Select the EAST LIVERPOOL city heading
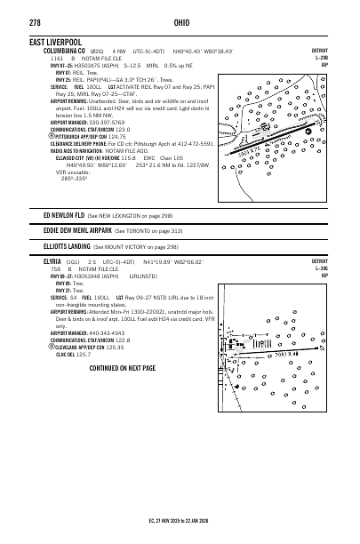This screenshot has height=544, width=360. [x=60, y=42]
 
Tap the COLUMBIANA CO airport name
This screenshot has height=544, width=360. [x=57, y=51]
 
